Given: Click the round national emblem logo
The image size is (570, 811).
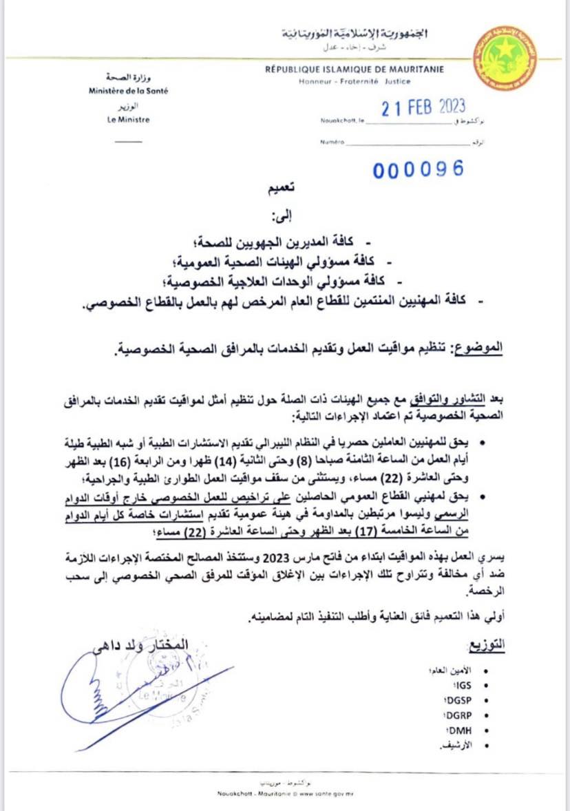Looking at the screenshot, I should (x=506, y=59).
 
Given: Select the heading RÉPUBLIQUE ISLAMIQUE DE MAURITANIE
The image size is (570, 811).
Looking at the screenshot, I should (x=355, y=69).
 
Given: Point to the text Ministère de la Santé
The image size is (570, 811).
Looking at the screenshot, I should (x=128, y=90).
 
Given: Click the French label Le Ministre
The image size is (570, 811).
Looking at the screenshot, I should (x=129, y=119).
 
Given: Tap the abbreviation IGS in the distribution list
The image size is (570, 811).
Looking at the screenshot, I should (x=461, y=686).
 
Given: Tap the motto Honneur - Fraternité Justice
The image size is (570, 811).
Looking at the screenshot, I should (x=355, y=81).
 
